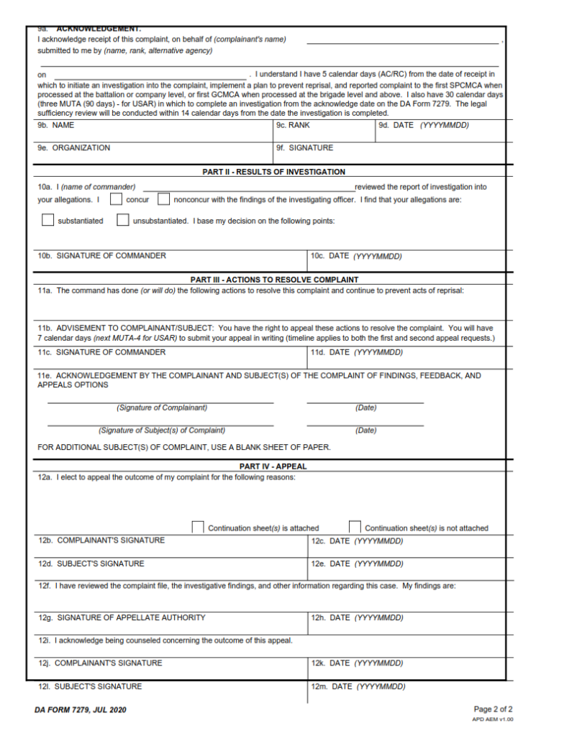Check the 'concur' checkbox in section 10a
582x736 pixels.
coord(115,199)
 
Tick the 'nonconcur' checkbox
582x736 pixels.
coord(163,199)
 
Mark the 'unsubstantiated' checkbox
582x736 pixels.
coord(123,221)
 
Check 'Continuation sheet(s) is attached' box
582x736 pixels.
coord(197,528)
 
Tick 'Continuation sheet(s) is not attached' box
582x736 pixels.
coord(355,528)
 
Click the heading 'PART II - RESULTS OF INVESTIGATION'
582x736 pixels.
coord(273,172)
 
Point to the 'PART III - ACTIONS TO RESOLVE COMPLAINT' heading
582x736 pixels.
coord(274,280)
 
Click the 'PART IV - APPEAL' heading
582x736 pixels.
coord(273,466)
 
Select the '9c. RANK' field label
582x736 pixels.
coord(294,125)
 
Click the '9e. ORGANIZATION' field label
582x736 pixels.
coord(73,147)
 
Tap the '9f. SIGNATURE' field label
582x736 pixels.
coord(305,147)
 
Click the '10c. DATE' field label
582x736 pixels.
coord(356,256)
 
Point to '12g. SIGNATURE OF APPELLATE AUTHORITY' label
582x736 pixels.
coord(122,617)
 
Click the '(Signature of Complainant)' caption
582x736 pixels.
coord(162,408)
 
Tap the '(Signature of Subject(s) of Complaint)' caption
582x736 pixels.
coord(162,431)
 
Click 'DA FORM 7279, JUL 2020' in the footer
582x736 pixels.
coord(80,710)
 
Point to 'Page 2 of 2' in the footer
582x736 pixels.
coord(493,709)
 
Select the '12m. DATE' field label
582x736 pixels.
coord(358,686)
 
